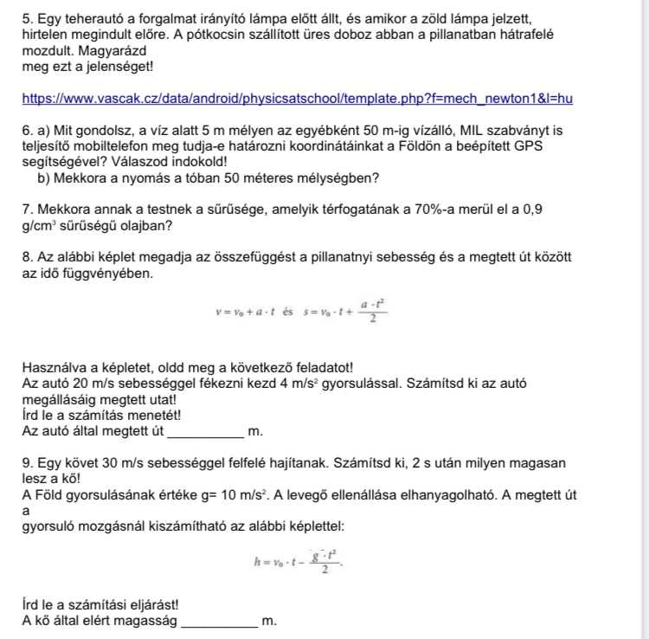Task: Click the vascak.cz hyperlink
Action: point(297,99)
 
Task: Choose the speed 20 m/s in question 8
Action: point(96,384)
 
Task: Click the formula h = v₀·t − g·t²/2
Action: point(297,563)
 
